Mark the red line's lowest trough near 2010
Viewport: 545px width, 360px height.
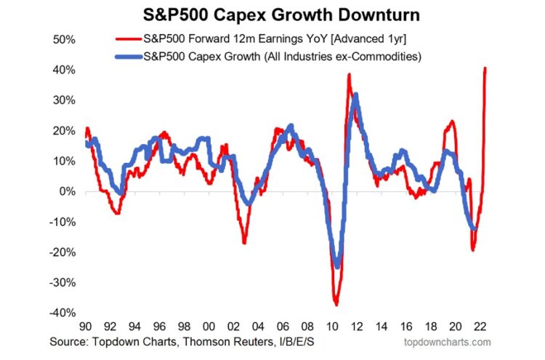click(x=336, y=304)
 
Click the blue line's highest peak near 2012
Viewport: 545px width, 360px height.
click(x=355, y=95)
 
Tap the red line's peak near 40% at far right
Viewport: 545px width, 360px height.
click(x=485, y=68)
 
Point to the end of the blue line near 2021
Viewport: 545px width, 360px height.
click(x=475, y=228)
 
